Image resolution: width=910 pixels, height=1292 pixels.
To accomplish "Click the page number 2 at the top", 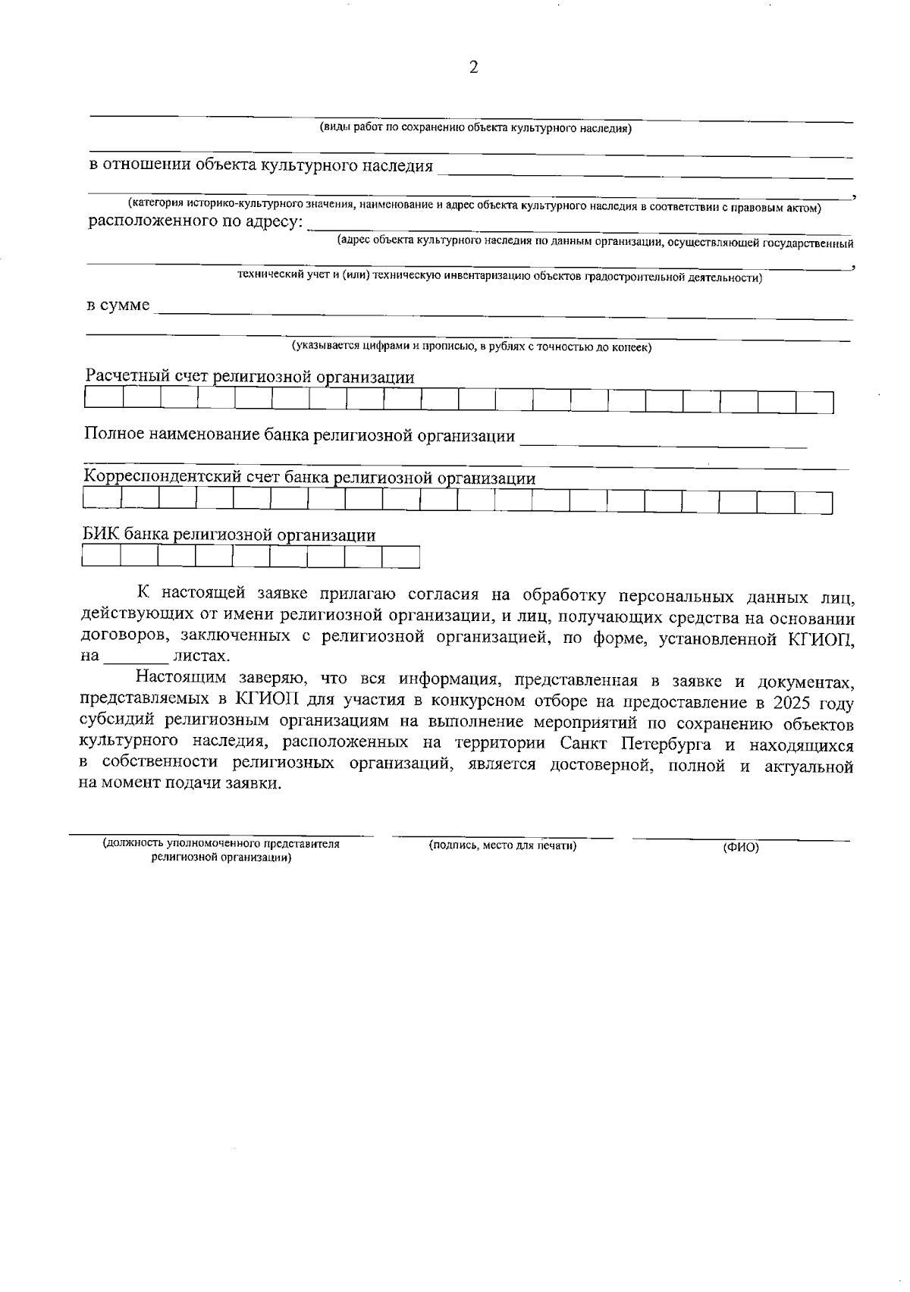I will (x=474, y=67).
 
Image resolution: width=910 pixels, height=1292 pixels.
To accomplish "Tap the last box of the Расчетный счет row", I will (x=814, y=402).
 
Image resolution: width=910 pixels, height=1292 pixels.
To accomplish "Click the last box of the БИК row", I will (x=400, y=557).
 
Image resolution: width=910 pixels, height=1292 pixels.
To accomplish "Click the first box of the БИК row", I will (x=101, y=557).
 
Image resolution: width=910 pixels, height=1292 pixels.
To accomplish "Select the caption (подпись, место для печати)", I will (x=503, y=845).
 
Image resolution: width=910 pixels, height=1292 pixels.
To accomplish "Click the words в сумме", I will (x=118, y=306).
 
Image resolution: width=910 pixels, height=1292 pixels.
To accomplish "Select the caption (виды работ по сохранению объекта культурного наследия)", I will (x=475, y=128).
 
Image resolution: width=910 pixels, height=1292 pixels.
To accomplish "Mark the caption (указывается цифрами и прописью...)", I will (x=472, y=347).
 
